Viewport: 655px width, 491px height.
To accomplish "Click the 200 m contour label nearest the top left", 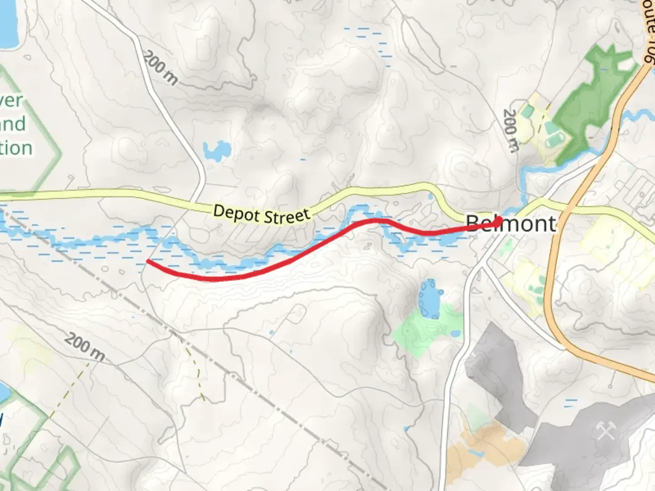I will [161, 68].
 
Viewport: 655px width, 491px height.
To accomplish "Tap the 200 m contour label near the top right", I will [511, 131].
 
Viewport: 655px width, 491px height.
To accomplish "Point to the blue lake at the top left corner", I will [8, 23].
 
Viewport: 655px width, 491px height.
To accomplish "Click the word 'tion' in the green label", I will [16, 148].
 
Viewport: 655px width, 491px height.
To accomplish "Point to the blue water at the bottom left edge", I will [4, 393].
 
